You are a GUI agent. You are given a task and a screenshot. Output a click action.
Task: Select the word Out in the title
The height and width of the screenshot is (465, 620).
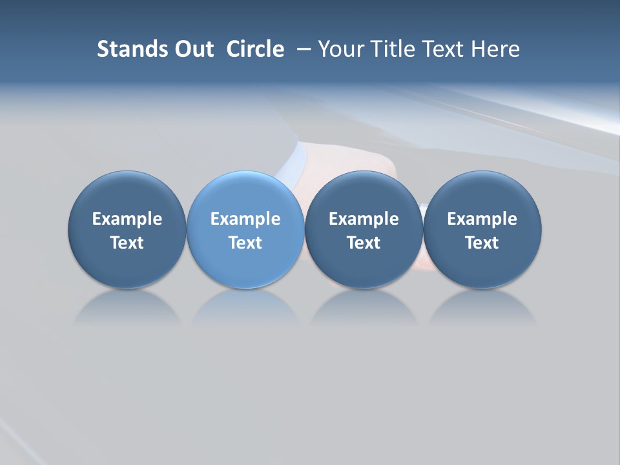coord(192,49)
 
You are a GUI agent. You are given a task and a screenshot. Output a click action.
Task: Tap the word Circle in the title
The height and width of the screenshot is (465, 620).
coord(255,49)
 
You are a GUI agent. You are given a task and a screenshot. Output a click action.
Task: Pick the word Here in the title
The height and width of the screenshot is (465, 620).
coord(495,49)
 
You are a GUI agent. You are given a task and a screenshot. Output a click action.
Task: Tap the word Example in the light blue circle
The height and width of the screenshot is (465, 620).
coord(245,219)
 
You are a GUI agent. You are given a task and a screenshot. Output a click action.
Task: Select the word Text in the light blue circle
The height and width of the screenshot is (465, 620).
coord(245,243)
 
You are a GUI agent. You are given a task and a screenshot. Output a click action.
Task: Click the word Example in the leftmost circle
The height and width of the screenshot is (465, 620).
coord(127,219)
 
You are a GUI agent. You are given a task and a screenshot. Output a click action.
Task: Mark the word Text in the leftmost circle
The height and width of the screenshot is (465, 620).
coord(127,243)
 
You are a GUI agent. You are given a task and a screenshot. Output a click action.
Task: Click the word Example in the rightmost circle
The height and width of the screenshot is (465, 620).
coord(482,219)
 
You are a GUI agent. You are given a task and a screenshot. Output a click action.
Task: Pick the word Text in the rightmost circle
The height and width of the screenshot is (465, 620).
coord(482,243)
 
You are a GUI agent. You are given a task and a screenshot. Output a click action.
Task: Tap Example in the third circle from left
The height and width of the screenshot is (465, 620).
coord(364,219)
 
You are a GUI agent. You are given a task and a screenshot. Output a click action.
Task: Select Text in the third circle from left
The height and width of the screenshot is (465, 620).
coord(364,243)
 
